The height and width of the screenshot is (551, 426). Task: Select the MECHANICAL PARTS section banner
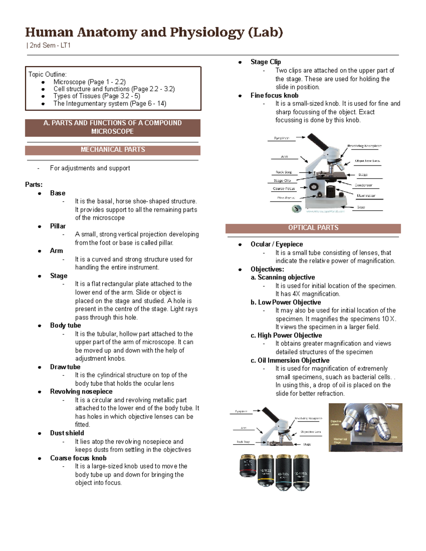(x=113, y=150)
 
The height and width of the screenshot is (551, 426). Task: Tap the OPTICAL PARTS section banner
(x=313, y=228)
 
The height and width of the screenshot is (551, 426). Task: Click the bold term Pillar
(x=58, y=226)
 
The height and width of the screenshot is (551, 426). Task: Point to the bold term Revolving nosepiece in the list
(x=81, y=392)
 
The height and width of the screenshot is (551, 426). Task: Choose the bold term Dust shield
(x=67, y=433)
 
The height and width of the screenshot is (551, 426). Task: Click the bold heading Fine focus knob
(x=274, y=95)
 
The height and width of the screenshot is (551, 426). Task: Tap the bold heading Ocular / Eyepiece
(x=277, y=244)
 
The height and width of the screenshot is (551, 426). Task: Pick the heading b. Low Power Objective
(x=286, y=302)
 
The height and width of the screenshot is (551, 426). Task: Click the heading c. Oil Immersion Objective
(x=290, y=360)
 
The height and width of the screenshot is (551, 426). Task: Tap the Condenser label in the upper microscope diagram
(x=364, y=185)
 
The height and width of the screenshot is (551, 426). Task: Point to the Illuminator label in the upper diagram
(x=366, y=196)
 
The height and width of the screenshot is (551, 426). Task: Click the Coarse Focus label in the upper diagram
(x=284, y=189)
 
